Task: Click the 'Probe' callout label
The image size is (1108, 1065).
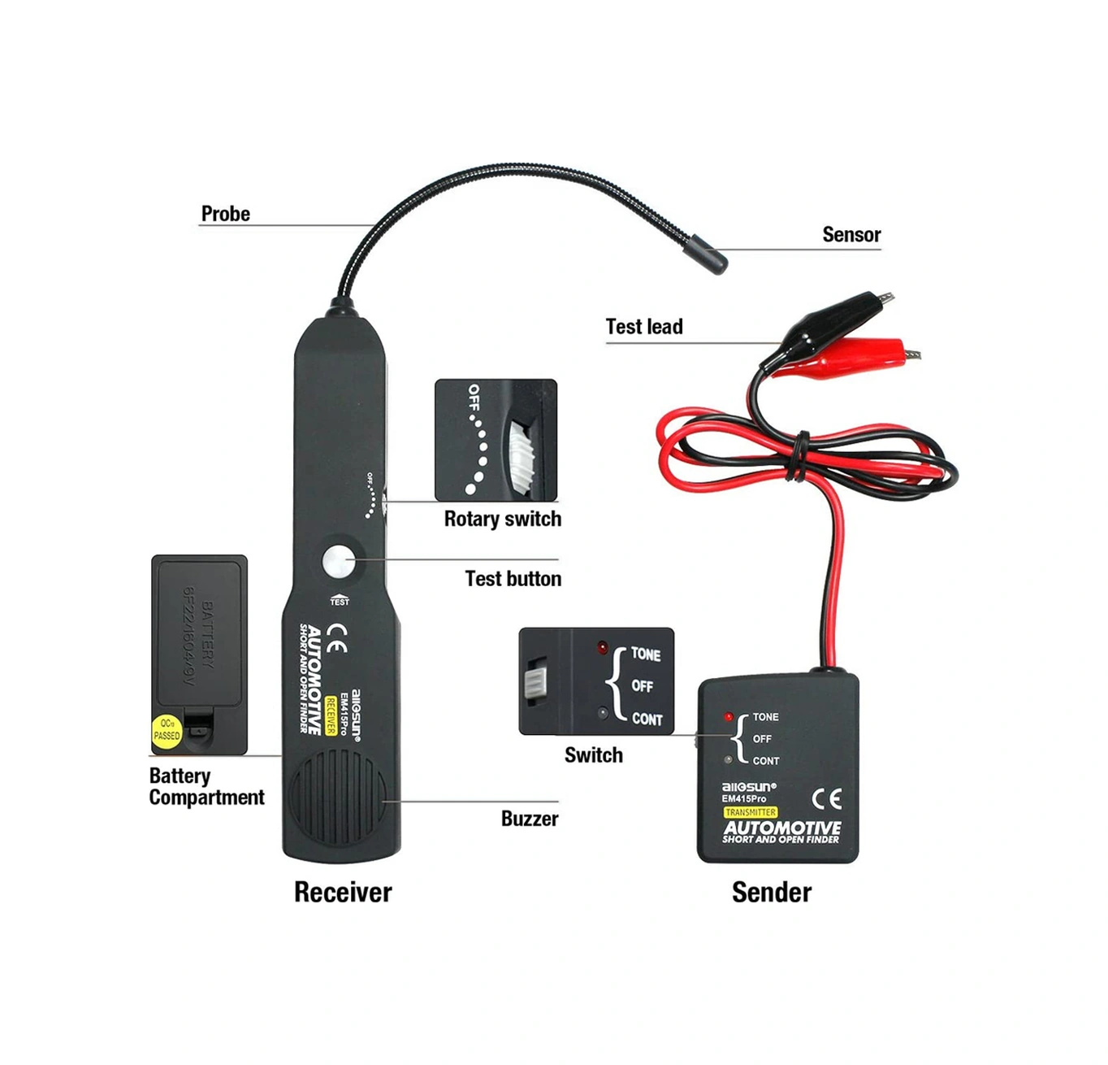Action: click(225, 214)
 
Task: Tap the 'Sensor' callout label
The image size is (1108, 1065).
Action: click(850, 235)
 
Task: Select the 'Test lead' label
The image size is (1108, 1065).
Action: click(643, 327)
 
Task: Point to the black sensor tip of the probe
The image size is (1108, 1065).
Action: click(708, 254)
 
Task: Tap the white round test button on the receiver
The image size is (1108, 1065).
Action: click(339, 562)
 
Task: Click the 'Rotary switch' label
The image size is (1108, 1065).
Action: click(502, 519)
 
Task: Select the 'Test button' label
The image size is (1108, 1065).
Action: click(513, 579)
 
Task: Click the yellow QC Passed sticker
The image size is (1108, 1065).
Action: click(167, 730)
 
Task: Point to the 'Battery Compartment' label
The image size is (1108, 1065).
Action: click(206, 787)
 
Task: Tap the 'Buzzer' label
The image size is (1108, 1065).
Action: click(529, 819)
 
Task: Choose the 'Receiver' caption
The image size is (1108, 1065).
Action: click(342, 892)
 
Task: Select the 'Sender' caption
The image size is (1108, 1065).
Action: click(771, 892)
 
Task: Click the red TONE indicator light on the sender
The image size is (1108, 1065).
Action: click(729, 717)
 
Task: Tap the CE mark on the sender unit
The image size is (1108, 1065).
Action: click(826, 798)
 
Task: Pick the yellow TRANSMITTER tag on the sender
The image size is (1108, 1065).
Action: click(750, 812)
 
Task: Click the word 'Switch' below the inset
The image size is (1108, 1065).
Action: click(593, 755)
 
